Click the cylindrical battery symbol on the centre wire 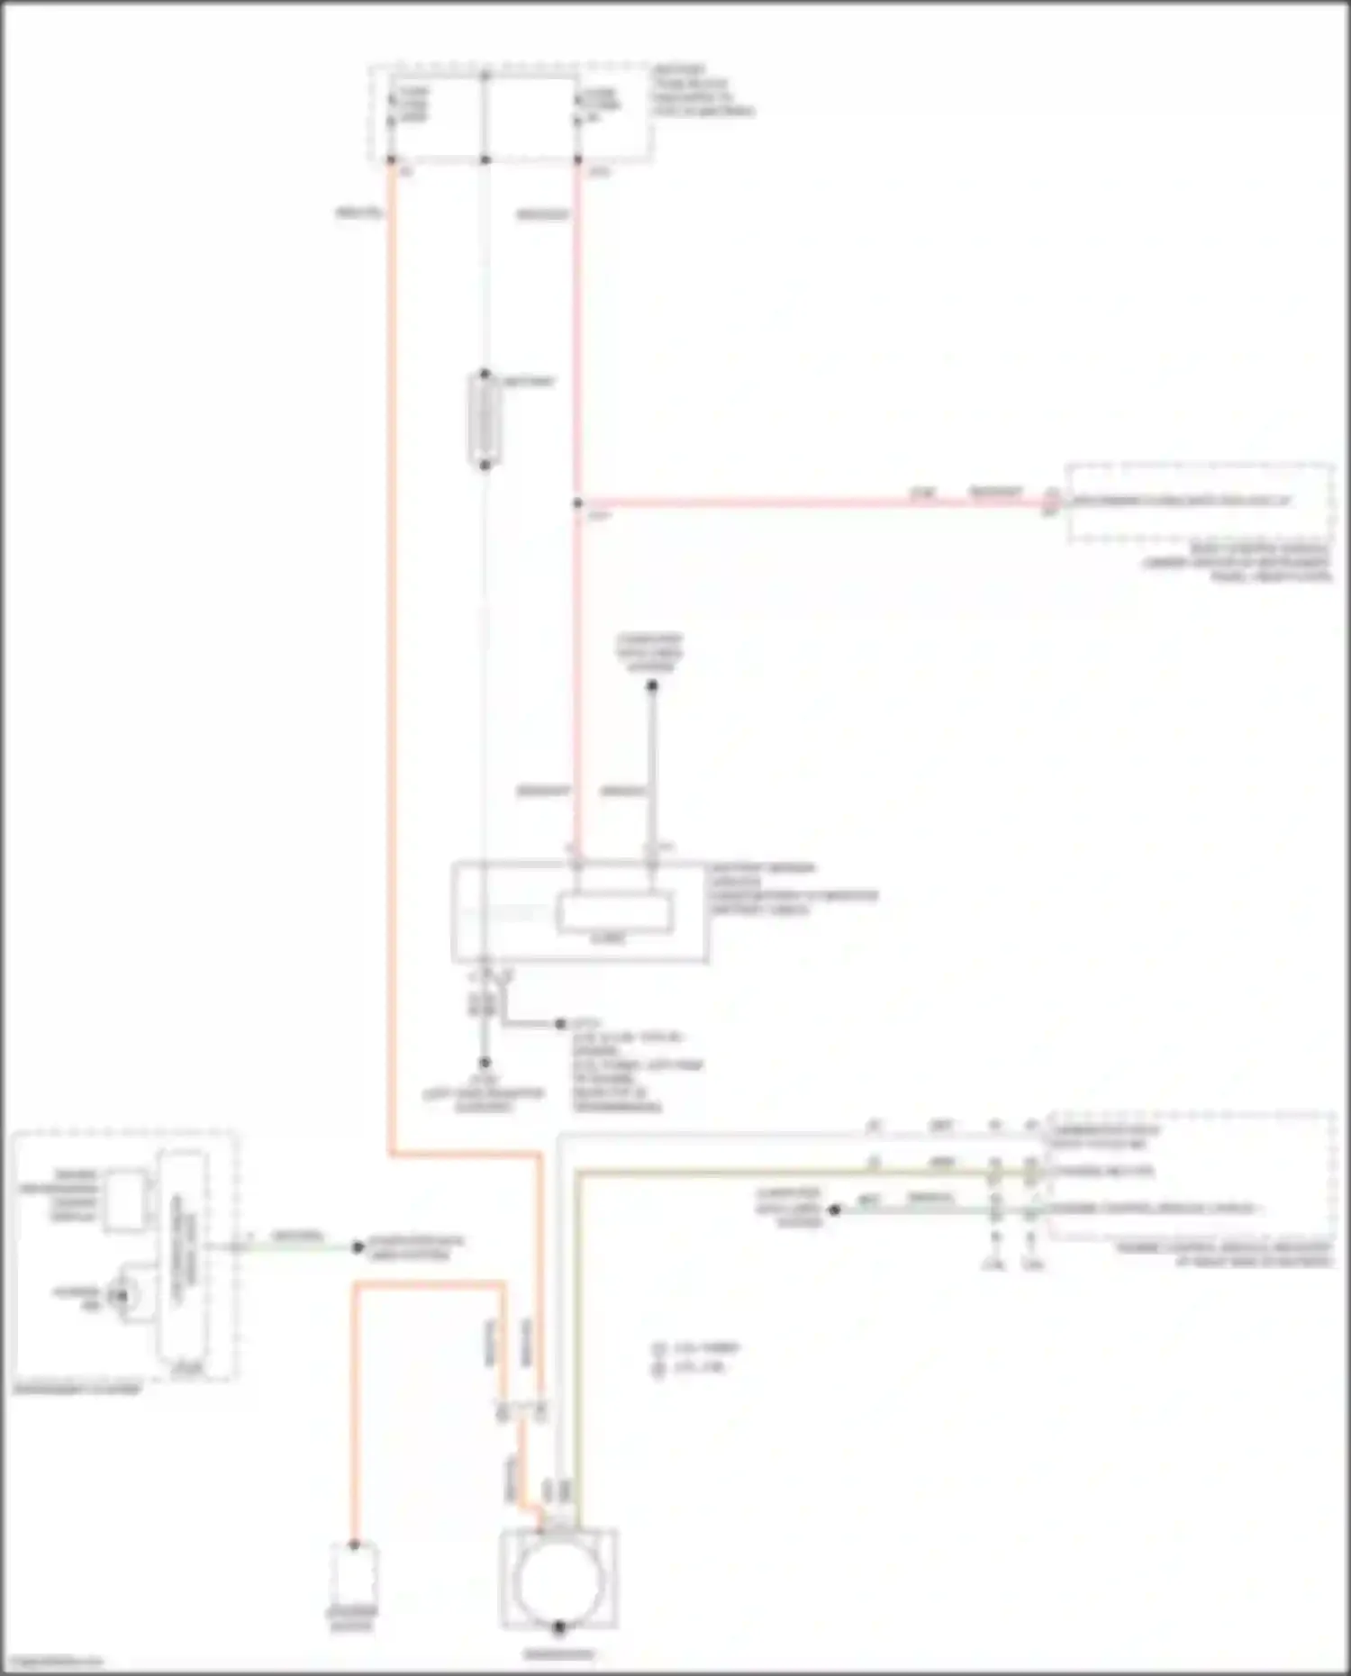coord(485,420)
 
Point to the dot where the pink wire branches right coord(577,503)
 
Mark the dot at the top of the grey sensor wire coord(652,686)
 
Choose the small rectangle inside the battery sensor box coord(615,912)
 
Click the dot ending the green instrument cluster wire coord(358,1247)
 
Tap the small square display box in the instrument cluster coord(126,1200)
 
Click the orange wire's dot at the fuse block coord(391,160)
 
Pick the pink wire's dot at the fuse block coord(577,160)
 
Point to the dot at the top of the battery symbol coord(485,374)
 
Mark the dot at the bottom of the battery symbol coord(485,465)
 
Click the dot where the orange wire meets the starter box coord(354,1545)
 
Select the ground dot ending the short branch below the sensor coord(560,1024)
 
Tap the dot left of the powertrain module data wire coord(834,1209)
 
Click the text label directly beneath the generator coord(558,1654)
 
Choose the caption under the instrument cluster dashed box coord(77,1389)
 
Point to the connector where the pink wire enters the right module coord(1051,500)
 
